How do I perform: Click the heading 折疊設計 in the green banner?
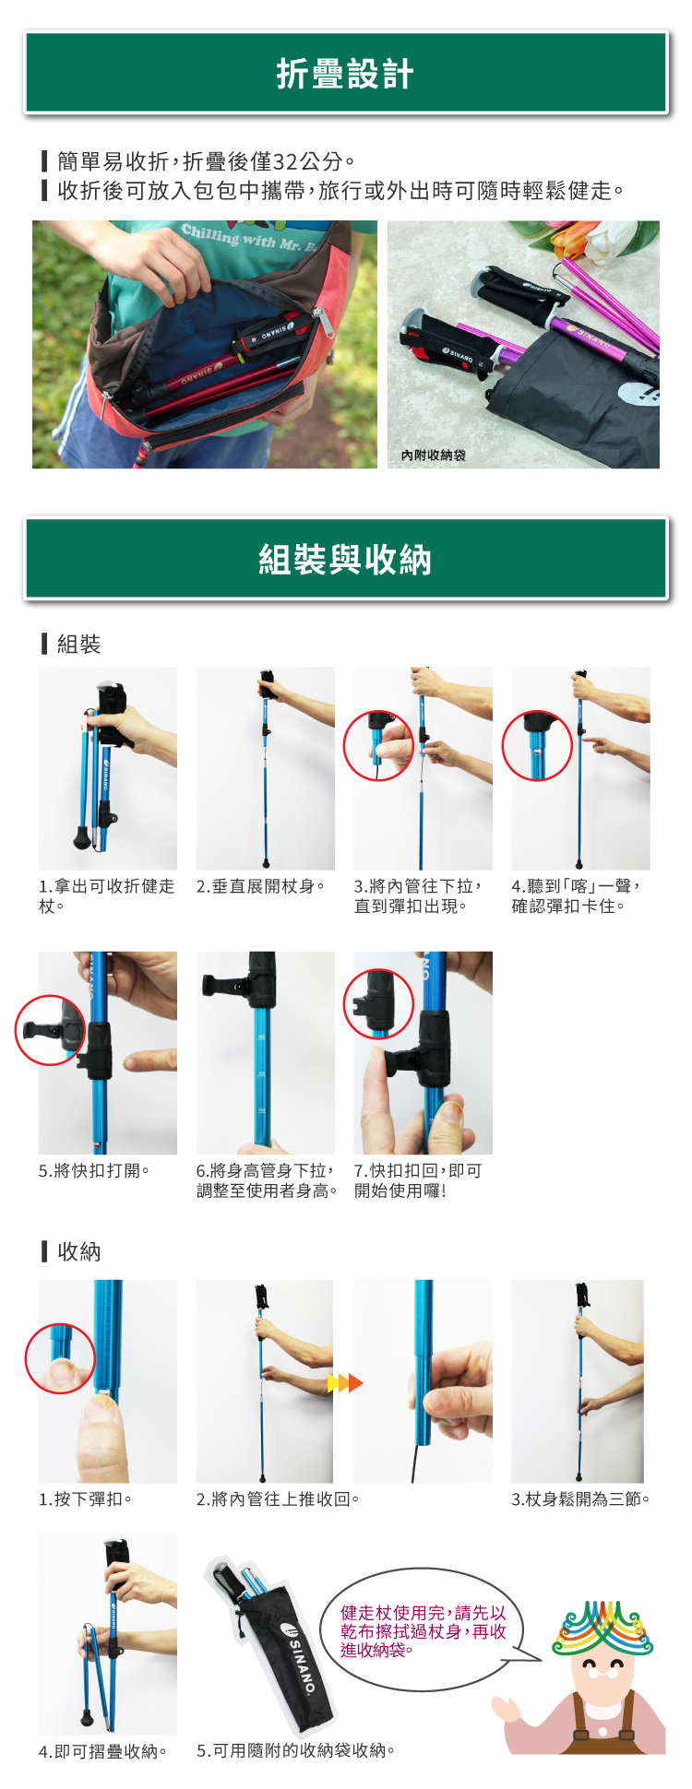(x=345, y=74)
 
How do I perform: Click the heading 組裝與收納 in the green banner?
(x=345, y=560)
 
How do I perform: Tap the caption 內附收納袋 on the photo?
(x=433, y=456)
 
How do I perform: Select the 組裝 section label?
(x=78, y=644)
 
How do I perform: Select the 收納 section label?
(x=78, y=1251)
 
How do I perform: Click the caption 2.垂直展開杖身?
(x=260, y=886)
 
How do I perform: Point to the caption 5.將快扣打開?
(x=93, y=1170)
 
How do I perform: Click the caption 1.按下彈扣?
(x=85, y=1499)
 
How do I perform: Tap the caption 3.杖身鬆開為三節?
(x=580, y=1499)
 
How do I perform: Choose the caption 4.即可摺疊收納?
(x=102, y=1751)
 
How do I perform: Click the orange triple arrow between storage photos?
(x=345, y=1383)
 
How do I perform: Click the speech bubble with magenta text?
(x=424, y=1630)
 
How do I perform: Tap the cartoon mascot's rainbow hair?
(x=602, y=1628)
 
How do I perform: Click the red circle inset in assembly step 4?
(x=537, y=745)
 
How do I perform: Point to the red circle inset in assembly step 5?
(x=50, y=1030)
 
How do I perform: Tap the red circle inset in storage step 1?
(x=60, y=1358)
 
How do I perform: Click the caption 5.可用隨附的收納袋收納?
(x=295, y=1751)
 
